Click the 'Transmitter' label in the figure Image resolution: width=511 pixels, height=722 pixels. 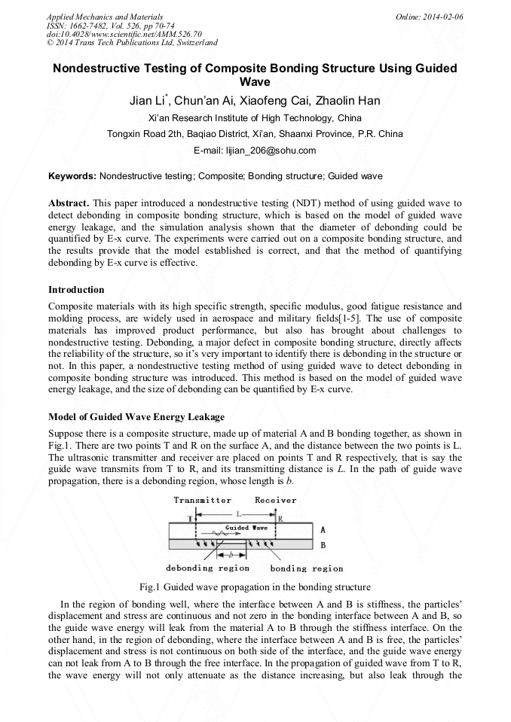202,500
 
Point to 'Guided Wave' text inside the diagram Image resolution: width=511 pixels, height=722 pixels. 246,528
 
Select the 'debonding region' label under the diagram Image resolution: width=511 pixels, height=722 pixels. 207,568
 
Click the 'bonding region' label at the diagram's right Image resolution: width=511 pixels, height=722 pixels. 307,568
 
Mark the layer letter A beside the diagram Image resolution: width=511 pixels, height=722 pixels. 323,530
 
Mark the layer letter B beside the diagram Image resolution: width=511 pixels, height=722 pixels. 323,544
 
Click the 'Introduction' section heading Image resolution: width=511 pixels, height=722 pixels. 76,290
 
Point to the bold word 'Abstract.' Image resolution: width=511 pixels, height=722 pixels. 69,203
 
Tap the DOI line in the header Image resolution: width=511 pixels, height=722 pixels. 124,34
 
